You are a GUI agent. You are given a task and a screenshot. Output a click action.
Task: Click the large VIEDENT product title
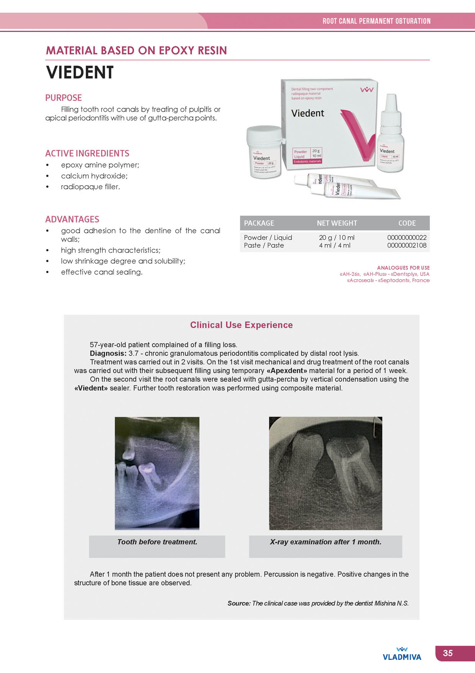80,73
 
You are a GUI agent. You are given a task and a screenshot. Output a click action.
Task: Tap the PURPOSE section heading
64,98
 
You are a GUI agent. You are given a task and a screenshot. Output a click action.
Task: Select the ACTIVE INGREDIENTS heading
87,153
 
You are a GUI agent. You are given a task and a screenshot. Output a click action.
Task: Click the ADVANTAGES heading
72,219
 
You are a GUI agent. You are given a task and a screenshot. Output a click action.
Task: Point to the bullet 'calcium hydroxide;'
94,176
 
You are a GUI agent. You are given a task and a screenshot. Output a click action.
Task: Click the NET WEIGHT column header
337,223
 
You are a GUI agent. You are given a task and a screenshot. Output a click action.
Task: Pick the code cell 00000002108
406,246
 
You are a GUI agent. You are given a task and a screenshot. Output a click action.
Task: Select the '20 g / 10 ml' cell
336,238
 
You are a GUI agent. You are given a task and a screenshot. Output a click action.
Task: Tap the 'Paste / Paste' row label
264,246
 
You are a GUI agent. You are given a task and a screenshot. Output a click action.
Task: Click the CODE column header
407,223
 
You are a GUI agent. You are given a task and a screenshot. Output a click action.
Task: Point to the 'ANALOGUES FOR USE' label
403,268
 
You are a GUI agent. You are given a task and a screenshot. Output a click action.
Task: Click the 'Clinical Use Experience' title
241,325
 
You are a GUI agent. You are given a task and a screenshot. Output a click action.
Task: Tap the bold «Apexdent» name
287,371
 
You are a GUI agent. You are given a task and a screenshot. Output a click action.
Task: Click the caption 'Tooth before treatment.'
157,542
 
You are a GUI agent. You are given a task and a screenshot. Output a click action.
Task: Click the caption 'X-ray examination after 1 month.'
325,542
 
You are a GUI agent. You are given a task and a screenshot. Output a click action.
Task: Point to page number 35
448,653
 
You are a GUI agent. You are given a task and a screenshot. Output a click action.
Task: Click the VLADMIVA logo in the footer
402,655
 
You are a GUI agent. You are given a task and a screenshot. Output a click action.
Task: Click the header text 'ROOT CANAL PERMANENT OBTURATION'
376,21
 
